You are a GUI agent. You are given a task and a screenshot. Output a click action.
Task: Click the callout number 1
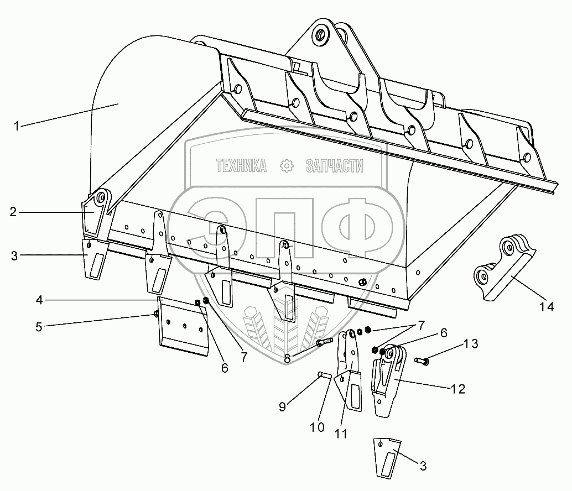pos(17,126)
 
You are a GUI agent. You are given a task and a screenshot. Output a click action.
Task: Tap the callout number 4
pos(39,300)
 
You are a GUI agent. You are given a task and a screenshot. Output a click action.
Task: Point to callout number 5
pos(38,326)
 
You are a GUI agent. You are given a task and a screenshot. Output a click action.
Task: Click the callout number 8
pos(287,358)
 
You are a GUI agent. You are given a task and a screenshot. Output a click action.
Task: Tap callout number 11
pos(341,434)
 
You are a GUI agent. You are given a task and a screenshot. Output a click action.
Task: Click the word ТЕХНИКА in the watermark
pos(241,165)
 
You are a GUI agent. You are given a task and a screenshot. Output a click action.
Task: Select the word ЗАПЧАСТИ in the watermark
pos(334,165)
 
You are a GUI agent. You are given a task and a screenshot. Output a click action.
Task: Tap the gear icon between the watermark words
pos(287,165)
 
